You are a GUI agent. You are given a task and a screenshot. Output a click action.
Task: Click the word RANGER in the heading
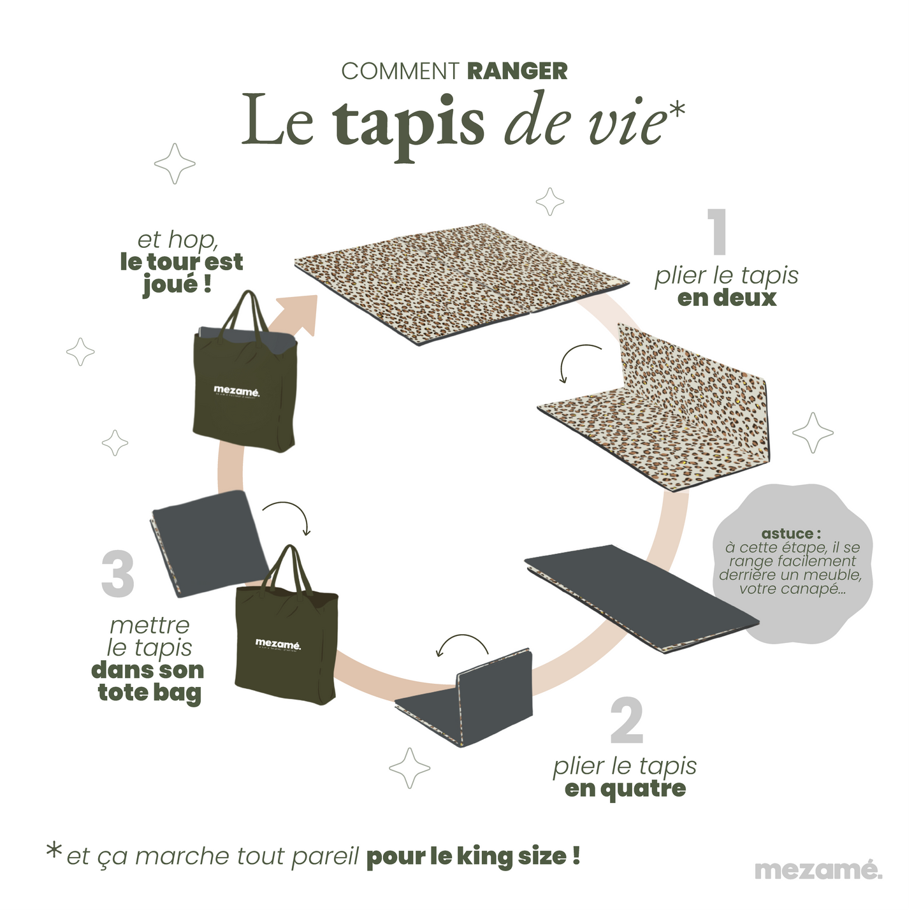pyautogui.click(x=517, y=71)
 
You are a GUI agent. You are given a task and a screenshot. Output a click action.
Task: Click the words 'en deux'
pyautogui.click(x=727, y=298)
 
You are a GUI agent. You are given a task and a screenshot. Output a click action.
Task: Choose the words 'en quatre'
pyautogui.click(x=625, y=789)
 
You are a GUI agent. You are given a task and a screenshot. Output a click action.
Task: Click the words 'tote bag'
pyautogui.click(x=149, y=693)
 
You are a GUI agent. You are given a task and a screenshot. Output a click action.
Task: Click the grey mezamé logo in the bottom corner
pyautogui.click(x=818, y=869)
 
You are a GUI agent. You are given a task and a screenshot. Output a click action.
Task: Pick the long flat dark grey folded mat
pyautogui.click(x=641, y=596)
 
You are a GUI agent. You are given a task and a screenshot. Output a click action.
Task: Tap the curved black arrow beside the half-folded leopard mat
pyautogui.click(x=577, y=360)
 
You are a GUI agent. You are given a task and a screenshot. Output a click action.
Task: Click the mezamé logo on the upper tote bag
pyautogui.click(x=236, y=390)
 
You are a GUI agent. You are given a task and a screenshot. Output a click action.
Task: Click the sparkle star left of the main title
pyautogui.click(x=175, y=164)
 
